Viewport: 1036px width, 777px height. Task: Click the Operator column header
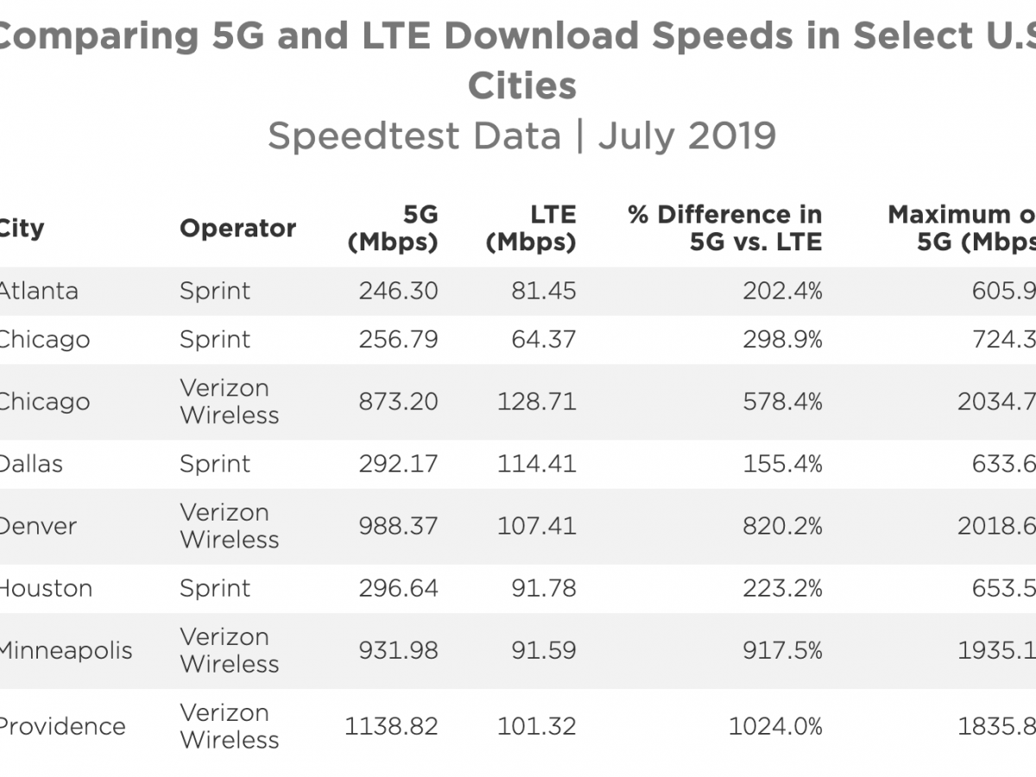(x=237, y=229)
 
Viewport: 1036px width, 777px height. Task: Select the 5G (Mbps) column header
(x=393, y=228)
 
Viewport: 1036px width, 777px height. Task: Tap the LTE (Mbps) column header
(x=531, y=228)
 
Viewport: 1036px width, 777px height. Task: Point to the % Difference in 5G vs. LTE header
(x=725, y=228)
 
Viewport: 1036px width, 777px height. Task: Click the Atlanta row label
(x=38, y=291)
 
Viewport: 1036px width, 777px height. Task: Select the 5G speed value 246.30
(x=398, y=291)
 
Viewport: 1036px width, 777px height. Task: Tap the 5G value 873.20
(x=398, y=401)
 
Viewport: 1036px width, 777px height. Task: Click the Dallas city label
(x=31, y=464)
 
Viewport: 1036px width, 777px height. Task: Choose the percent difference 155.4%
(x=782, y=464)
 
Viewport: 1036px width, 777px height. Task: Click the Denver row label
(x=38, y=526)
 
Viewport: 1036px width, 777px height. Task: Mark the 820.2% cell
(x=782, y=526)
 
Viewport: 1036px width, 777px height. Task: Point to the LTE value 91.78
(x=543, y=588)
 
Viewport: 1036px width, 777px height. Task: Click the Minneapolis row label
(x=66, y=650)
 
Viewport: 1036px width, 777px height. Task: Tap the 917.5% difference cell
(x=782, y=650)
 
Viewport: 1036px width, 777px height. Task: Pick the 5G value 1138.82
(x=391, y=726)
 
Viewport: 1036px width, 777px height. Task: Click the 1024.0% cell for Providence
(x=775, y=726)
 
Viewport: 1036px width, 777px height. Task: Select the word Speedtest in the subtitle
(x=414, y=136)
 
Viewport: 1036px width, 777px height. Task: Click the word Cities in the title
(x=522, y=85)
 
